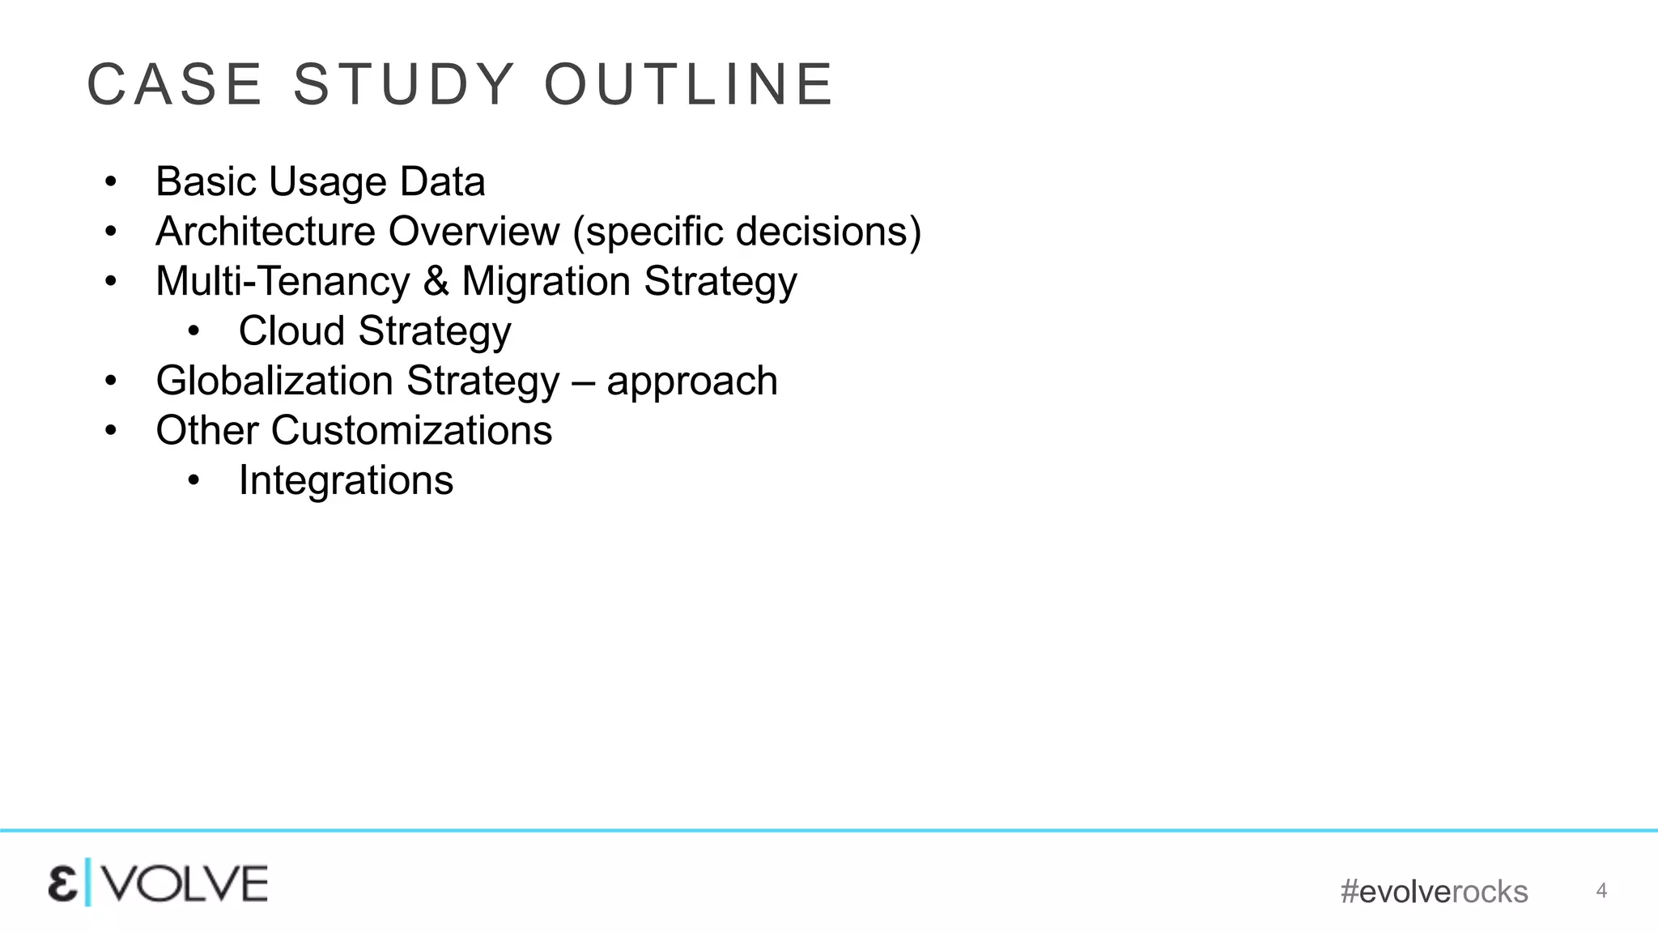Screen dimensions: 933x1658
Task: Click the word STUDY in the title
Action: [404, 84]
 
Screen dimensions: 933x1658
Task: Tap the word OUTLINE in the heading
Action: [689, 84]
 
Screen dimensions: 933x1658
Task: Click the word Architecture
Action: [266, 232]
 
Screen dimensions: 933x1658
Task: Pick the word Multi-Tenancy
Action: [283, 282]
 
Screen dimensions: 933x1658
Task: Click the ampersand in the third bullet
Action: [436, 282]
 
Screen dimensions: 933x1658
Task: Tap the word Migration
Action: [546, 282]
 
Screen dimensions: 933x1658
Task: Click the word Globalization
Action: [276, 381]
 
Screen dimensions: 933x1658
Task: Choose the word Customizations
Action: [411, 431]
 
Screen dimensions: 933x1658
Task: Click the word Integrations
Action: [346, 481]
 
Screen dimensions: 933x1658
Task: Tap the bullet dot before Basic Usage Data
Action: [111, 182]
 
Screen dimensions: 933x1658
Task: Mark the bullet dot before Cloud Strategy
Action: [193, 331]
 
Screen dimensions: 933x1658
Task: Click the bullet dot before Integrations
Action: [193, 481]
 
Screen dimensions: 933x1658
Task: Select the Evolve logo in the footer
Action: [158, 884]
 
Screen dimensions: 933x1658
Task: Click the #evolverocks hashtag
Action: [1434, 892]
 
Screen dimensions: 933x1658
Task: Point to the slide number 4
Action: [1601, 891]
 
